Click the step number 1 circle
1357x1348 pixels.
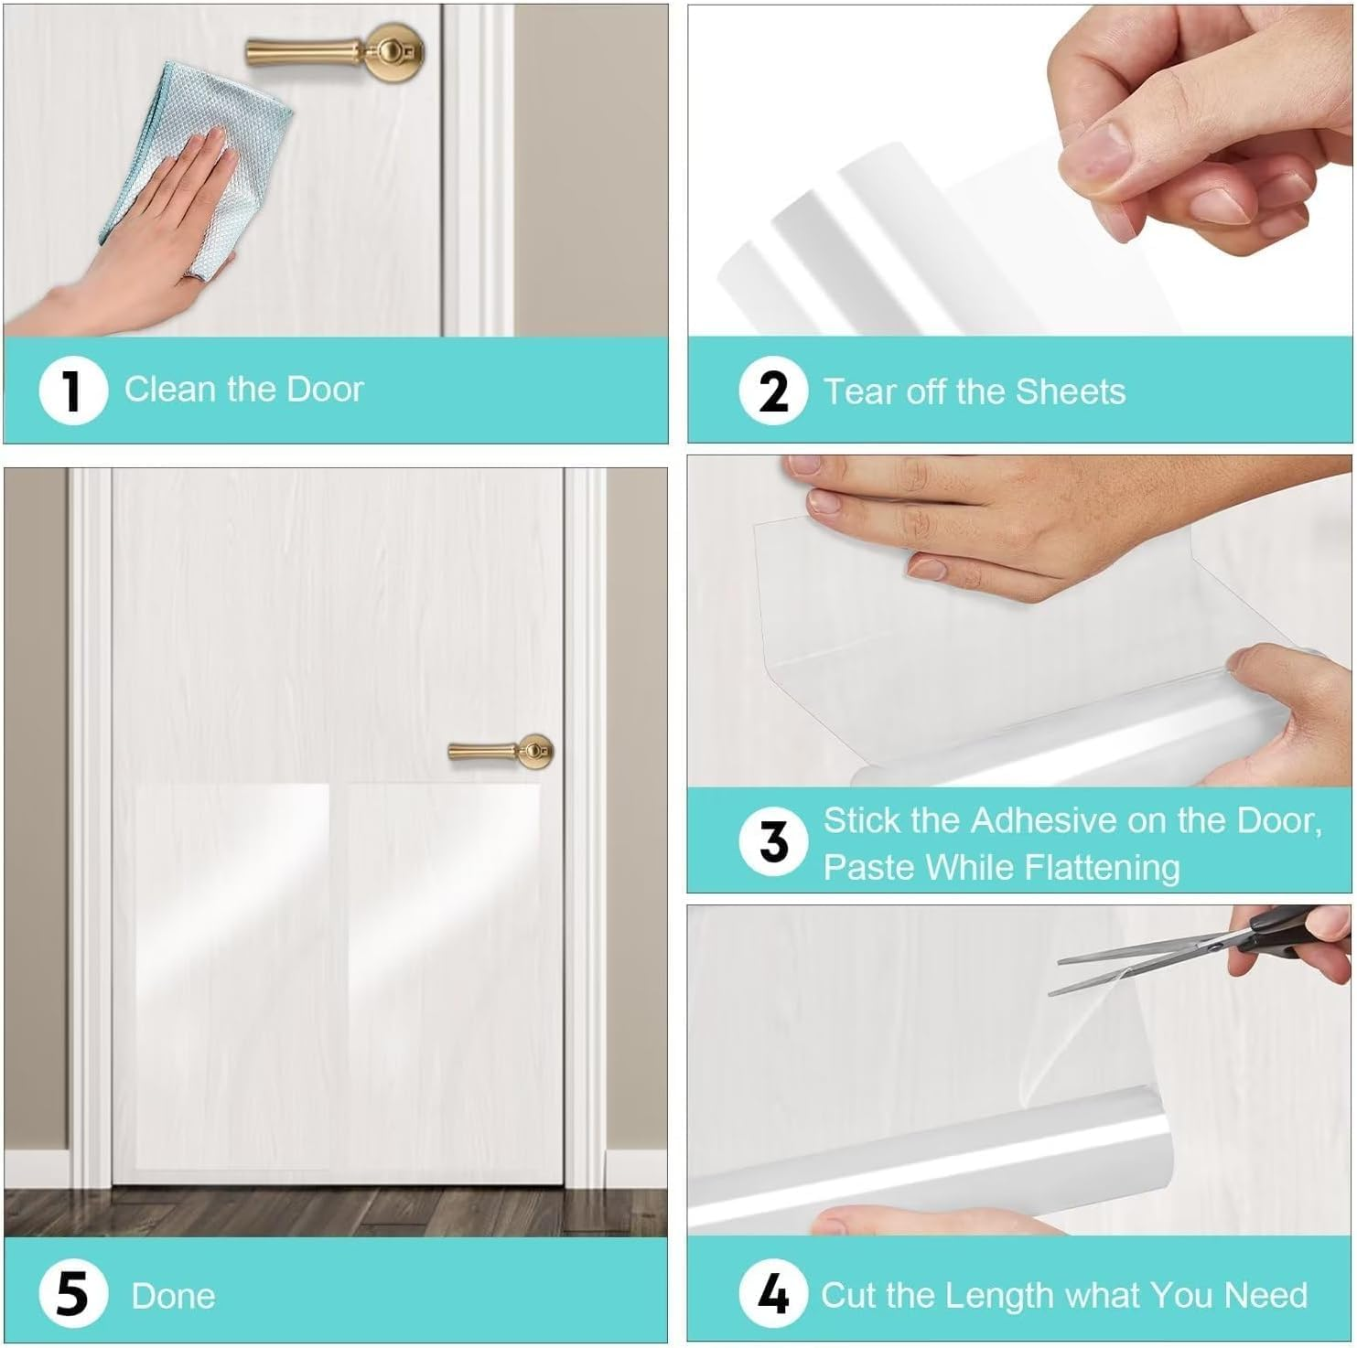tap(73, 390)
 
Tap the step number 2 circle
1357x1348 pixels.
tap(773, 391)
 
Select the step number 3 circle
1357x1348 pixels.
tap(773, 841)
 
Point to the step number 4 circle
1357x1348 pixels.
tap(773, 1294)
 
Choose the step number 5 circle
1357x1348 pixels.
tap(73, 1295)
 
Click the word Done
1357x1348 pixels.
tap(173, 1296)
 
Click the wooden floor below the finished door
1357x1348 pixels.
tap(335, 1211)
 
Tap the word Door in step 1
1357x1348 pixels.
tap(325, 390)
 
